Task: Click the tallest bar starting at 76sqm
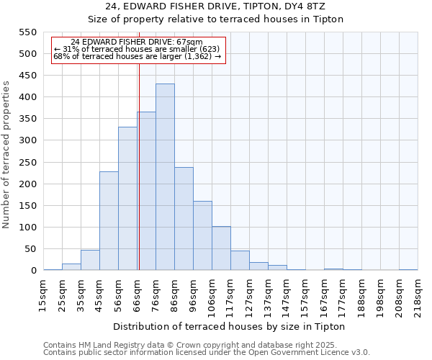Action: [165, 177]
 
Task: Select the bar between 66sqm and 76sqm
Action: [147, 192]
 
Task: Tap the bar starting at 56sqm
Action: [127, 199]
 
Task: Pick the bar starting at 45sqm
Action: [109, 221]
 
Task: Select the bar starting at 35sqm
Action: [90, 260]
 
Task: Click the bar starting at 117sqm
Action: [240, 261]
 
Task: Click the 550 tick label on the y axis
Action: [27, 32]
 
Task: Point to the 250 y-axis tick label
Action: [27, 163]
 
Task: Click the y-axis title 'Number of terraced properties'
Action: [7, 155]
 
